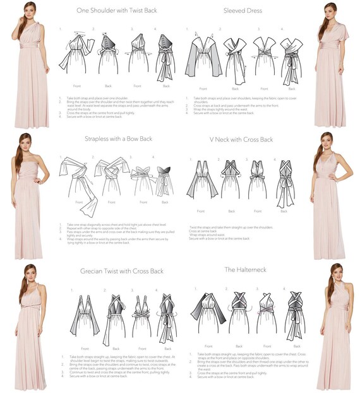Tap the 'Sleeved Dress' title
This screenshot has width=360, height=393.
tap(243, 11)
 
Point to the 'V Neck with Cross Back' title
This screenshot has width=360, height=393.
tap(241, 138)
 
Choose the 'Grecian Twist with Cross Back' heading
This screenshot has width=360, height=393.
tap(122, 271)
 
